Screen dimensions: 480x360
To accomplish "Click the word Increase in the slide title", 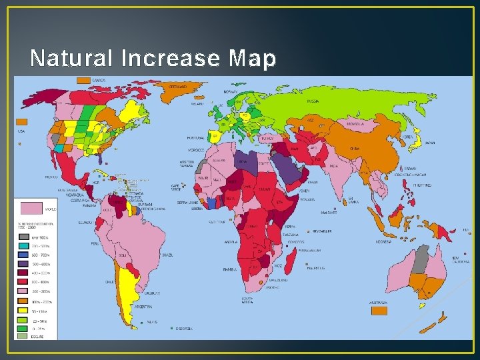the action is [x=171, y=59].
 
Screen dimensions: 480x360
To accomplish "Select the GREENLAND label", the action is [x=177, y=87].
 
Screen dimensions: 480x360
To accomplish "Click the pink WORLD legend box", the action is [x=32, y=208].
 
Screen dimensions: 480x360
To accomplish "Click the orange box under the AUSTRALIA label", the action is [x=379, y=311].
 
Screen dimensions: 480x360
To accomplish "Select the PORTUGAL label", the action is [x=196, y=138].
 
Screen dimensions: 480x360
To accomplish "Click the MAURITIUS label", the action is [x=315, y=267].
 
